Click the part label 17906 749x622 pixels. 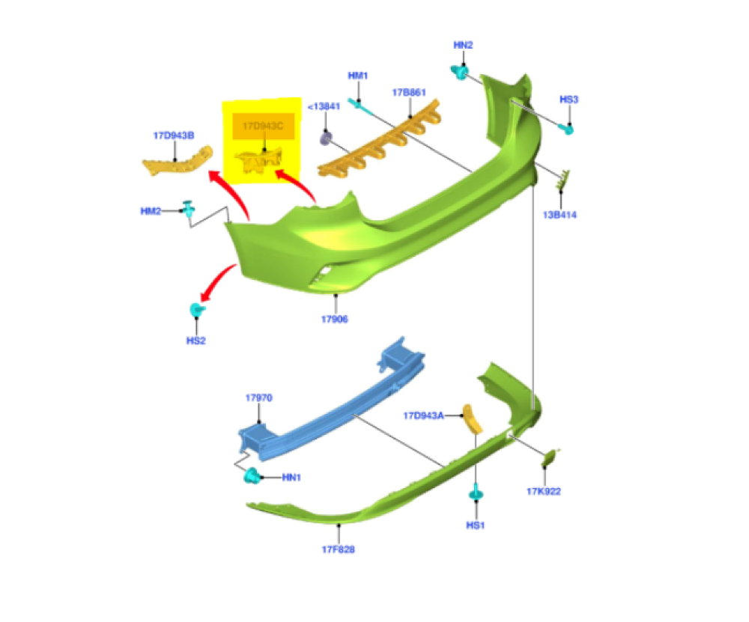[334, 320]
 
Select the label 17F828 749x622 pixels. [339, 550]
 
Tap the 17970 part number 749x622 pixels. [258, 399]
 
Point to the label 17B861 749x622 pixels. [409, 93]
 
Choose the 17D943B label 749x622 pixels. [174, 136]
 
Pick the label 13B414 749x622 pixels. [560, 216]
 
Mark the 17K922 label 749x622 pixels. [544, 492]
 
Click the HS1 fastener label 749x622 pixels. [476, 525]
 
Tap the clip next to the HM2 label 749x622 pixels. [190, 212]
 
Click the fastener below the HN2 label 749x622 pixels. [459, 73]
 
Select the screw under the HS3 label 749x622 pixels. [568, 128]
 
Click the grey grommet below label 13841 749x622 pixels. [327, 138]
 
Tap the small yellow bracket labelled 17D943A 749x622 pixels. [472, 419]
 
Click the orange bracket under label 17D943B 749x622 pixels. [176, 162]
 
